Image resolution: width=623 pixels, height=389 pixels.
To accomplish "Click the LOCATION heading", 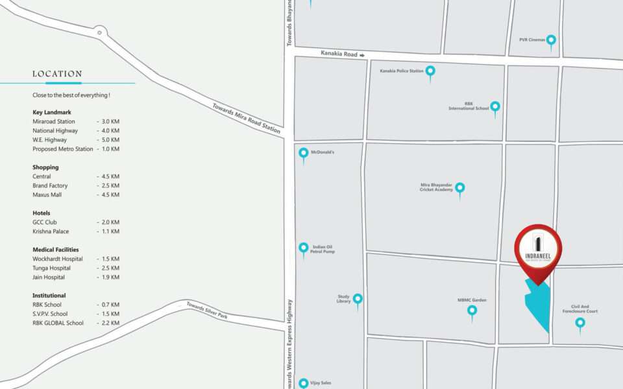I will pyautogui.click(x=57, y=74).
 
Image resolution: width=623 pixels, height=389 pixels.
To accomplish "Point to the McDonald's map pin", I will pyautogui.click(x=303, y=154).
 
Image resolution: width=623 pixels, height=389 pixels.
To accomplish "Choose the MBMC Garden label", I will pyautogui.click(x=472, y=300).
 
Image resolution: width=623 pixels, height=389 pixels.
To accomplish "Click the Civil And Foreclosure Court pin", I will pyautogui.click(x=580, y=323).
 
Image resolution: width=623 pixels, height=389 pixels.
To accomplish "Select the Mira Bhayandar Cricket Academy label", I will pyautogui.click(x=437, y=187).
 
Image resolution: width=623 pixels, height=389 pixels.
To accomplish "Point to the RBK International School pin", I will pyautogui.click(x=495, y=107).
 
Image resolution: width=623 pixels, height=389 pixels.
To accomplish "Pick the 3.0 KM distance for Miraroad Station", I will pyautogui.click(x=108, y=122).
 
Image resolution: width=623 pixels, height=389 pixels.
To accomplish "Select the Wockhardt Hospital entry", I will pyautogui.click(x=58, y=259).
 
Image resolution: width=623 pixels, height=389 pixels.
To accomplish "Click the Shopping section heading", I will pyautogui.click(x=45, y=167).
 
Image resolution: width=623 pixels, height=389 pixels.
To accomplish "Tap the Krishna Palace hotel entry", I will pyautogui.click(x=51, y=231).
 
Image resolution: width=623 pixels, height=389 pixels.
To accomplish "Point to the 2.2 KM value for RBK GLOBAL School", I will pyautogui.click(x=108, y=323).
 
